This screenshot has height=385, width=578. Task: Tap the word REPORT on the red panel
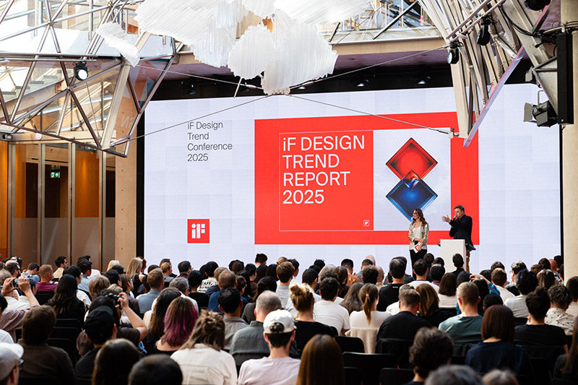coord(316,178)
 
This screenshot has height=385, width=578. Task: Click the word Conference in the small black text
coord(210,146)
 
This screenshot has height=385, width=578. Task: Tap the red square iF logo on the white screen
coord(198,230)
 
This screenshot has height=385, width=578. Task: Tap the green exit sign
coord(55,174)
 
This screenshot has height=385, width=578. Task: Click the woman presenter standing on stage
coord(418,235)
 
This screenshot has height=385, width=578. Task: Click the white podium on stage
coord(453,254)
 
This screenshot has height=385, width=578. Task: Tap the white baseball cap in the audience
coord(279,321)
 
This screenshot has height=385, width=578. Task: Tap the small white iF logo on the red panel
coord(366,222)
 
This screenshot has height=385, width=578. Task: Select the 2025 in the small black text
coord(197,157)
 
